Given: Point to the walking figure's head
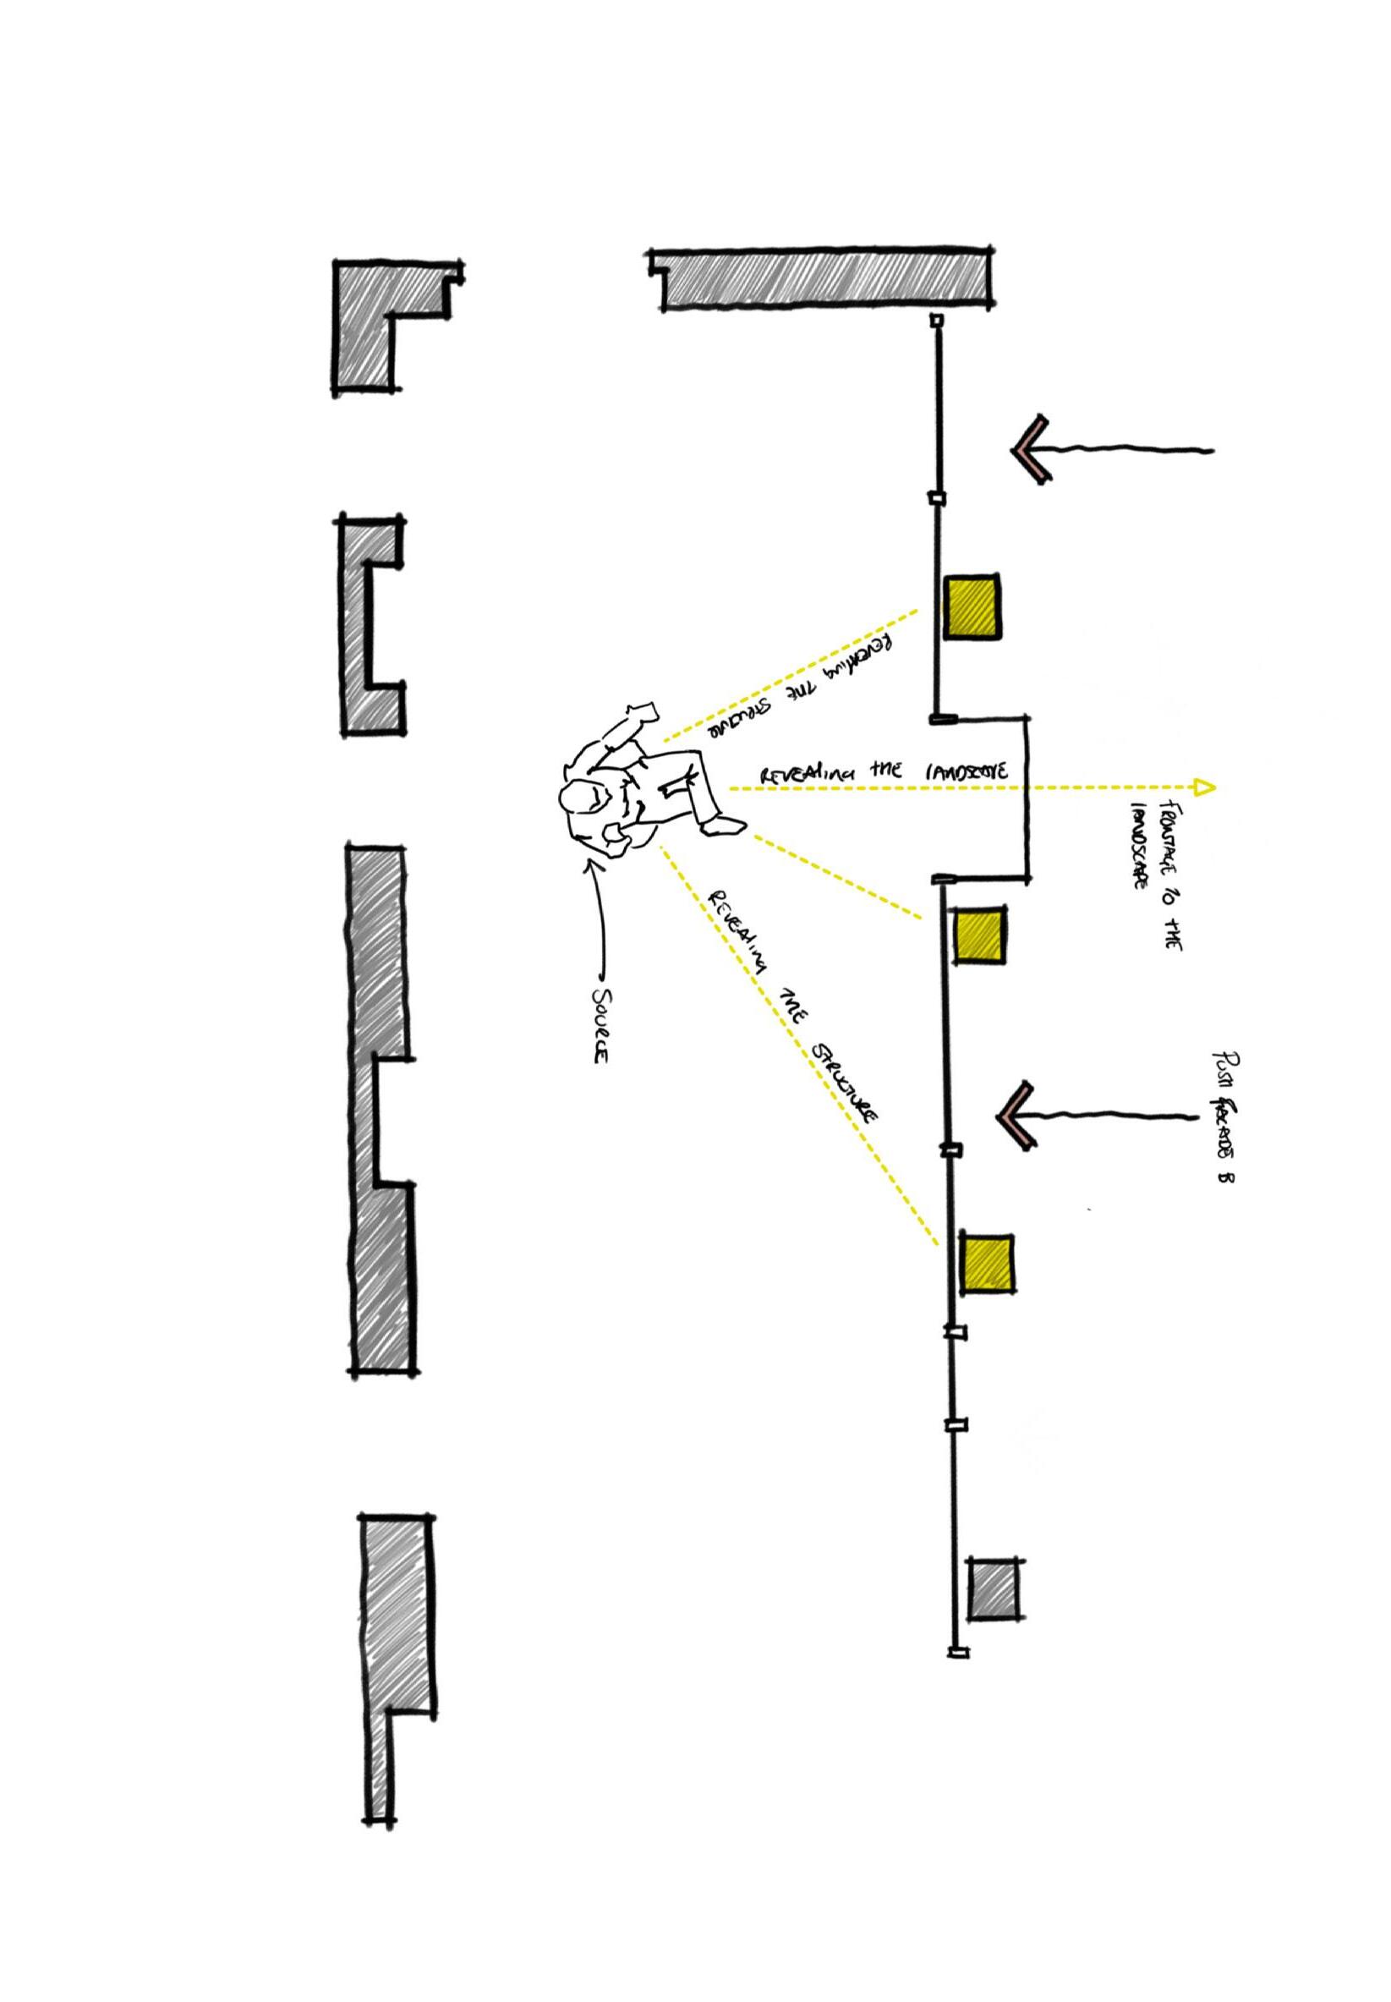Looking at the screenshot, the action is click(x=579, y=797).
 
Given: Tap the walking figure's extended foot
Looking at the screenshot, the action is click(x=726, y=824).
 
